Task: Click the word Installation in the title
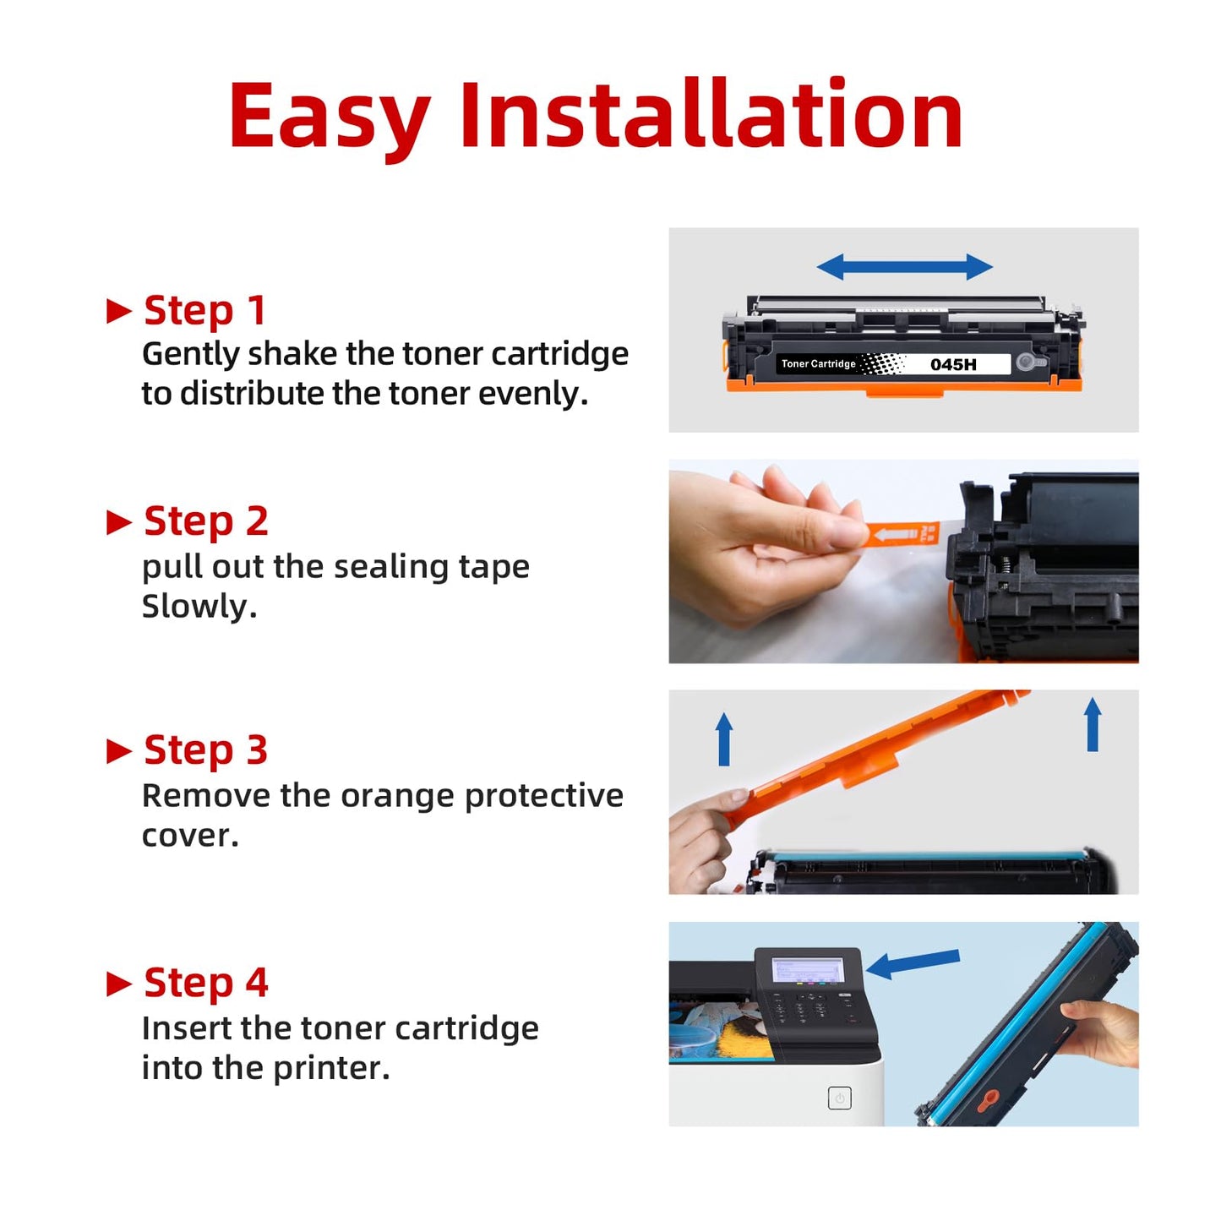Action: tap(711, 114)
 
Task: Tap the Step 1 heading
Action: tap(204, 311)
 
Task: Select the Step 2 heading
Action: tap(206, 522)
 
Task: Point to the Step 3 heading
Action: tap(206, 751)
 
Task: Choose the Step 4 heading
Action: tap(206, 983)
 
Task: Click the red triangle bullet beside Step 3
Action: tap(119, 751)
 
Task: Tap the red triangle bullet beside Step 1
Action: tap(119, 311)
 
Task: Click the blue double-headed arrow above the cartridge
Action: tap(904, 266)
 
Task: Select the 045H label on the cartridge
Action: tap(953, 364)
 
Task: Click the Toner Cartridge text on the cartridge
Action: tap(818, 363)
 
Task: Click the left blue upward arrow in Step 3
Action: tap(723, 739)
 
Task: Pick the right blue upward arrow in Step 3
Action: tap(1093, 724)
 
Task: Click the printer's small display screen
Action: tap(807, 969)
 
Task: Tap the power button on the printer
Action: tap(840, 1098)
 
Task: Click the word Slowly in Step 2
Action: tap(199, 607)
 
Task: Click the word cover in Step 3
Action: tap(190, 837)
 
